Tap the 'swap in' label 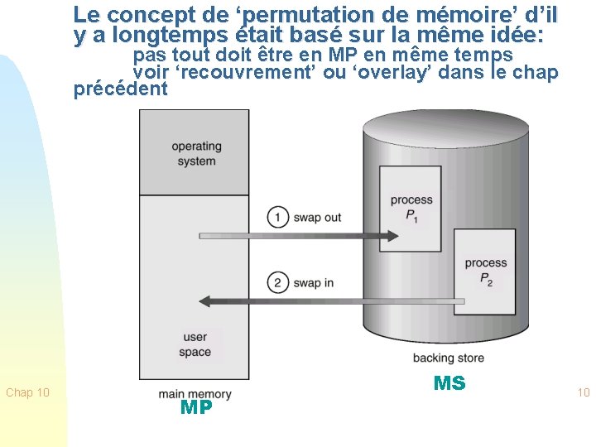(x=312, y=283)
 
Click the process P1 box (x=411, y=208)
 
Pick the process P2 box (x=485, y=272)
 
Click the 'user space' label (x=195, y=344)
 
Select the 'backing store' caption (x=448, y=358)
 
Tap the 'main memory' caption (x=195, y=394)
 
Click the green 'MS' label (x=449, y=382)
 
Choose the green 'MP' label (x=196, y=407)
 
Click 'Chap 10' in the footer (x=27, y=392)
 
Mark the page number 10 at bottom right (x=583, y=392)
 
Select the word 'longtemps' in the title (x=158, y=36)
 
